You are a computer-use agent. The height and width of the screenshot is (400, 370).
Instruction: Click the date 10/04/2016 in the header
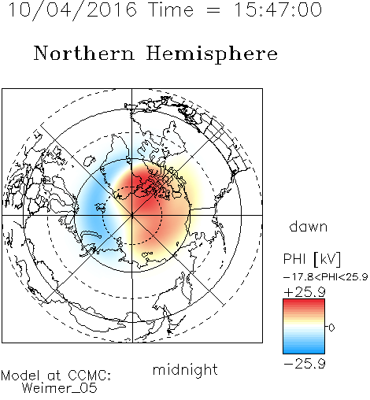pyautogui.click(x=72, y=10)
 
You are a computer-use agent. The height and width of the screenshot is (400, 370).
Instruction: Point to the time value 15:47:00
pyautogui.click(x=278, y=9)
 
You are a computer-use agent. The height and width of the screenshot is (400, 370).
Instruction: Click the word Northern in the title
pyautogui.click(x=84, y=54)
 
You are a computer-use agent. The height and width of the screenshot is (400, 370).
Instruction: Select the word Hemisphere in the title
pyautogui.click(x=212, y=54)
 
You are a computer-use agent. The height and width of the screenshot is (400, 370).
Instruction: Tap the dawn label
pyautogui.click(x=309, y=227)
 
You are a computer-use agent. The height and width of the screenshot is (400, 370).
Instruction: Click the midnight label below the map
pyautogui.click(x=185, y=369)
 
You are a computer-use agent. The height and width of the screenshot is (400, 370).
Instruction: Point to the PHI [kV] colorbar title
pyautogui.click(x=312, y=259)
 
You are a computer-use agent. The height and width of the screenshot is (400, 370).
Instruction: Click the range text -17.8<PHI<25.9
pyautogui.click(x=325, y=277)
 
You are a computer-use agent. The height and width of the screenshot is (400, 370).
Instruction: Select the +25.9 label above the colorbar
pyautogui.click(x=305, y=292)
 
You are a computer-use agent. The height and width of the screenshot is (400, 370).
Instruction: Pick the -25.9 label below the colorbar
pyautogui.click(x=305, y=364)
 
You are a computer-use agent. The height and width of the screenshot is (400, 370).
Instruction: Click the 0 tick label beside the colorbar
pyautogui.click(x=331, y=328)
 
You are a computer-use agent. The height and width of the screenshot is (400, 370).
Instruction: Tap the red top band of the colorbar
pyautogui.click(x=304, y=302)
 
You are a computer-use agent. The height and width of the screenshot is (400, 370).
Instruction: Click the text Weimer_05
pyautogui.click(x=60, y=388)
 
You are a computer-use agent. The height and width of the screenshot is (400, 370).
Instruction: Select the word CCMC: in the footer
pyautogui.click(x=89, y=376)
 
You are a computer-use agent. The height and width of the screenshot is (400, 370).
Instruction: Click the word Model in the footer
pyautogui.click(x=20, y=376)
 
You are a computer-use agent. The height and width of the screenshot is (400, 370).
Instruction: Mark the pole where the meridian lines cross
pyautogui.click(x=132, y=216)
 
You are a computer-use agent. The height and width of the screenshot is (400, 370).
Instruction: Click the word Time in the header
pyautogui.click(x=171, y=10)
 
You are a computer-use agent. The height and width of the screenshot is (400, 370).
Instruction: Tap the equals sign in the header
pyautogui.click(x=213, y=10)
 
